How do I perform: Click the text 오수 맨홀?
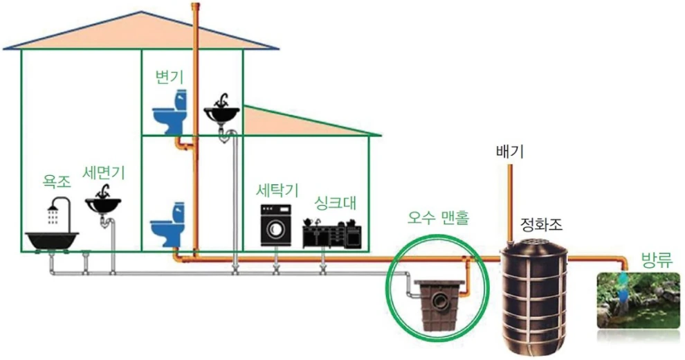437,219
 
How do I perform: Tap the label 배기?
510,152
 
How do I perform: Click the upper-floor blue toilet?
170,114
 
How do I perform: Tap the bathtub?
53,240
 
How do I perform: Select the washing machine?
276,225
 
